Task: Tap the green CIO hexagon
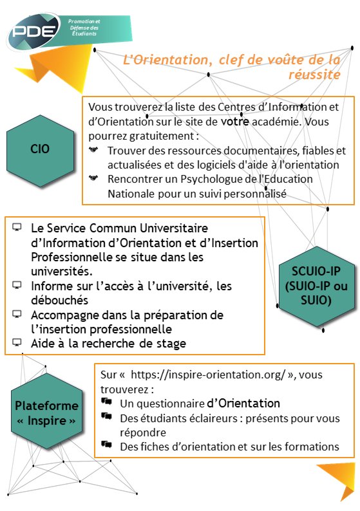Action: [40, 149]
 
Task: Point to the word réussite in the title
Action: [315, 75]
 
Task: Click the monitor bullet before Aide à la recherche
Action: [17, 343]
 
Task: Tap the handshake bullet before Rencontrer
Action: [95, 179]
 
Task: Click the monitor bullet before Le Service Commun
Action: [17, 228]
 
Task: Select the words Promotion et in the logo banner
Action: [84, 21]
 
